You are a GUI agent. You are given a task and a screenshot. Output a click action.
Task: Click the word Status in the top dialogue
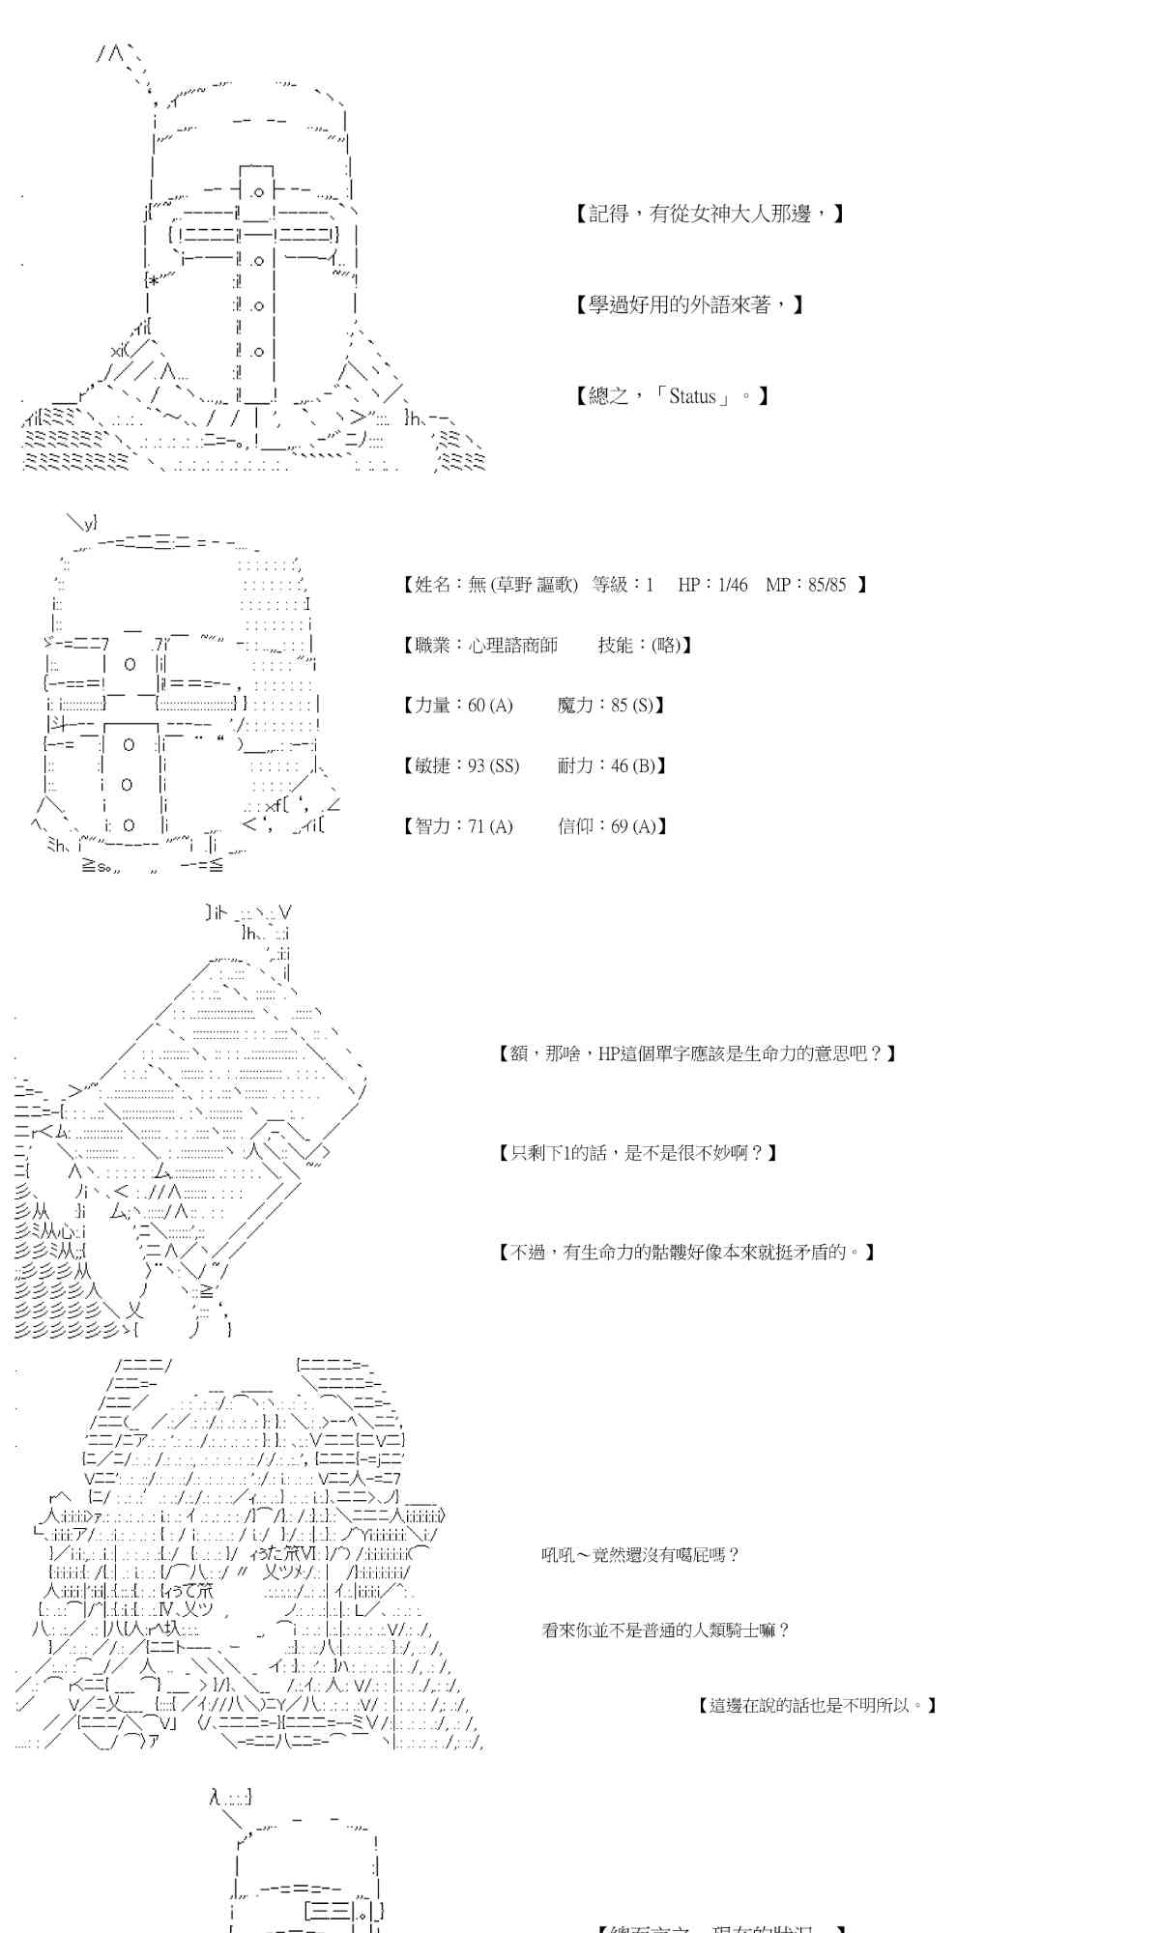[x=692, y=396]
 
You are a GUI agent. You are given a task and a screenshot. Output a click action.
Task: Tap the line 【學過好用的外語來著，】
[x=689, y=305]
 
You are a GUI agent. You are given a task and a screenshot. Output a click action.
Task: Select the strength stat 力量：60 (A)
[x=457, y=706]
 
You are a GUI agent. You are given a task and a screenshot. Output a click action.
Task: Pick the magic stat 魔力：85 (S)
[x=611, y=706]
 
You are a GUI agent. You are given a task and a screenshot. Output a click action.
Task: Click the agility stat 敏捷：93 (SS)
[x=461, y=766]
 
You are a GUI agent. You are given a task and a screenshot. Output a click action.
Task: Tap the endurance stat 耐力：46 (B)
[x=612, y=766]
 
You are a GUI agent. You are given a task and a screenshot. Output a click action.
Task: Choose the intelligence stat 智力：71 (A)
[x=457, y=826]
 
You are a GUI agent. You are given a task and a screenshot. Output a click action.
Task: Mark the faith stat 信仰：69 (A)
[x=612, y=826]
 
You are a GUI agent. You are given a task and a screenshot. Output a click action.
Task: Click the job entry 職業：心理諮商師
[x=480, y=646]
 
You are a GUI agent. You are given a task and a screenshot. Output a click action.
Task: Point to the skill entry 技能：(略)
[x=644, y=646]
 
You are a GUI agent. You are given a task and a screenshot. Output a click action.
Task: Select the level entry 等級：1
[x=623, y=585]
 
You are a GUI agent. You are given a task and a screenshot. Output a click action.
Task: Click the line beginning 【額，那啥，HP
[x=697, y=1053]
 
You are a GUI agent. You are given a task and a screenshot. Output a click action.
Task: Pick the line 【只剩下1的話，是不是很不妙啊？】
[x=638, y=1153]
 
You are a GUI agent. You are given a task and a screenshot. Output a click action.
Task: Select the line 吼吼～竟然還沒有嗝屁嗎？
[x=640, y=1555]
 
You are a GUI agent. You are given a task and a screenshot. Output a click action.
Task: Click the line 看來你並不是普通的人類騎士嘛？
[x=666, y=1630]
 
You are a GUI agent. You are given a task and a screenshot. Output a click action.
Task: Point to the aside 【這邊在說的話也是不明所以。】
[x=817, y=1706]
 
